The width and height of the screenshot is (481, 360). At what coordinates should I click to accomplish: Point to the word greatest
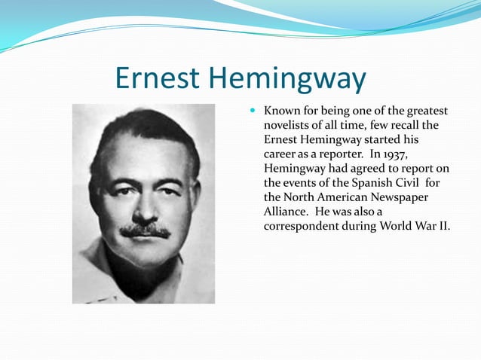pyautogui.click(x=425, y=111)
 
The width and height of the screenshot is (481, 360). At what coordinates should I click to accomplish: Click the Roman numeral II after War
pyautogui.click(x=443, y=225)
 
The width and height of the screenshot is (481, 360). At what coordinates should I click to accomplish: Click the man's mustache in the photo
pyautogui.click(x=145, y=230)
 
